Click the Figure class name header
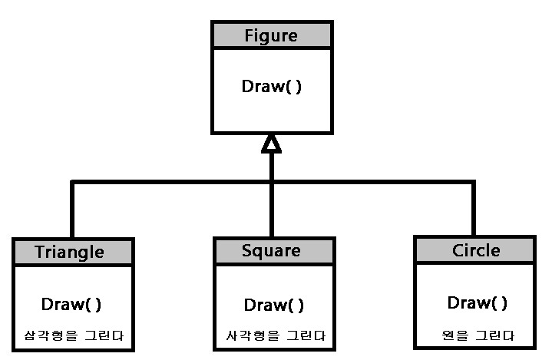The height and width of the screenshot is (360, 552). pyautogui.click(x=271, y=35)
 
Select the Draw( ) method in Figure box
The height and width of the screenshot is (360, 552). pyautogui.click(x=271, y=86)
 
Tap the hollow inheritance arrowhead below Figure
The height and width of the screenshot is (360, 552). pyautogui.click(x=271, y=143)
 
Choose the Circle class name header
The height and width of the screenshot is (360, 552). pyautogui.click(x=475, y=250)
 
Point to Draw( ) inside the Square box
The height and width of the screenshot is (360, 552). pyautogui.click(x=273, y=305)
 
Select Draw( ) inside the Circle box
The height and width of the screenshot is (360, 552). pyautogui.click(x=477, y=302)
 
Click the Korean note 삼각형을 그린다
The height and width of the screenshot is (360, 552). pyautogui.click(x=74, y=335)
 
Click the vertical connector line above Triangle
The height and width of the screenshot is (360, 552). pyautogui.click(x=73, y=211)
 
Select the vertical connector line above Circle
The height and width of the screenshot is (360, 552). pyautogui.click(x=473, y=209)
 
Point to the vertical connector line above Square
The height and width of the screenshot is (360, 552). pyautogui.click(x=271, y=207)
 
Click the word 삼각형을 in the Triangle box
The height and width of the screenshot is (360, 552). pyautogui.click(x=55, y=335)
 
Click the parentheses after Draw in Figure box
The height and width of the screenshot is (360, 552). pyautogui.click(x=293, y=86)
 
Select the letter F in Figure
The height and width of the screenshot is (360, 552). pyautogui.click(x=249, y=35)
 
